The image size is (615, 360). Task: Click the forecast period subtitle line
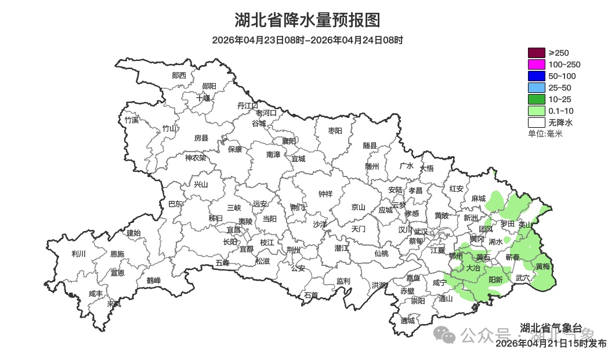click(x=307, y=40)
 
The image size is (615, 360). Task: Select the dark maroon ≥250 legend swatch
click(x=536, y=53)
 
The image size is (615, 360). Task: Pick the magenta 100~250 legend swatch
click(x=536, y=64)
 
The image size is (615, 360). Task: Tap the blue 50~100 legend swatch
click(x=536, y=76)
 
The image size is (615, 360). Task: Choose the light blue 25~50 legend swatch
click(x=536, y=88)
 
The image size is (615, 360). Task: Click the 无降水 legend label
click(x=560, y=123)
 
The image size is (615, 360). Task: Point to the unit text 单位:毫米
click(x=545, y=134)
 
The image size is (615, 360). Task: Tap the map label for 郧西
click(x=179, y=75)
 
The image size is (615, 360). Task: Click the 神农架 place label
click(x=196, y=157)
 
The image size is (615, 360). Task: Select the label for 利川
click(x=78, y=254)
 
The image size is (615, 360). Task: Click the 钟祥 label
click(x=325, y=194)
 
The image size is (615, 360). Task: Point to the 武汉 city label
click(x=420, y=231)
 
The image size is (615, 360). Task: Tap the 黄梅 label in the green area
click(x=542, y=267)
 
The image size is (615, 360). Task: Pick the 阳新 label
click(x=495, y=279)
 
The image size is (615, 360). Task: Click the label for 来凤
click(x=114, y=303)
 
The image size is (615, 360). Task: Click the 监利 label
click(x=343, y=281)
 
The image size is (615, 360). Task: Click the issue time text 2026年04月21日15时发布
click(x=551, y=343)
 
